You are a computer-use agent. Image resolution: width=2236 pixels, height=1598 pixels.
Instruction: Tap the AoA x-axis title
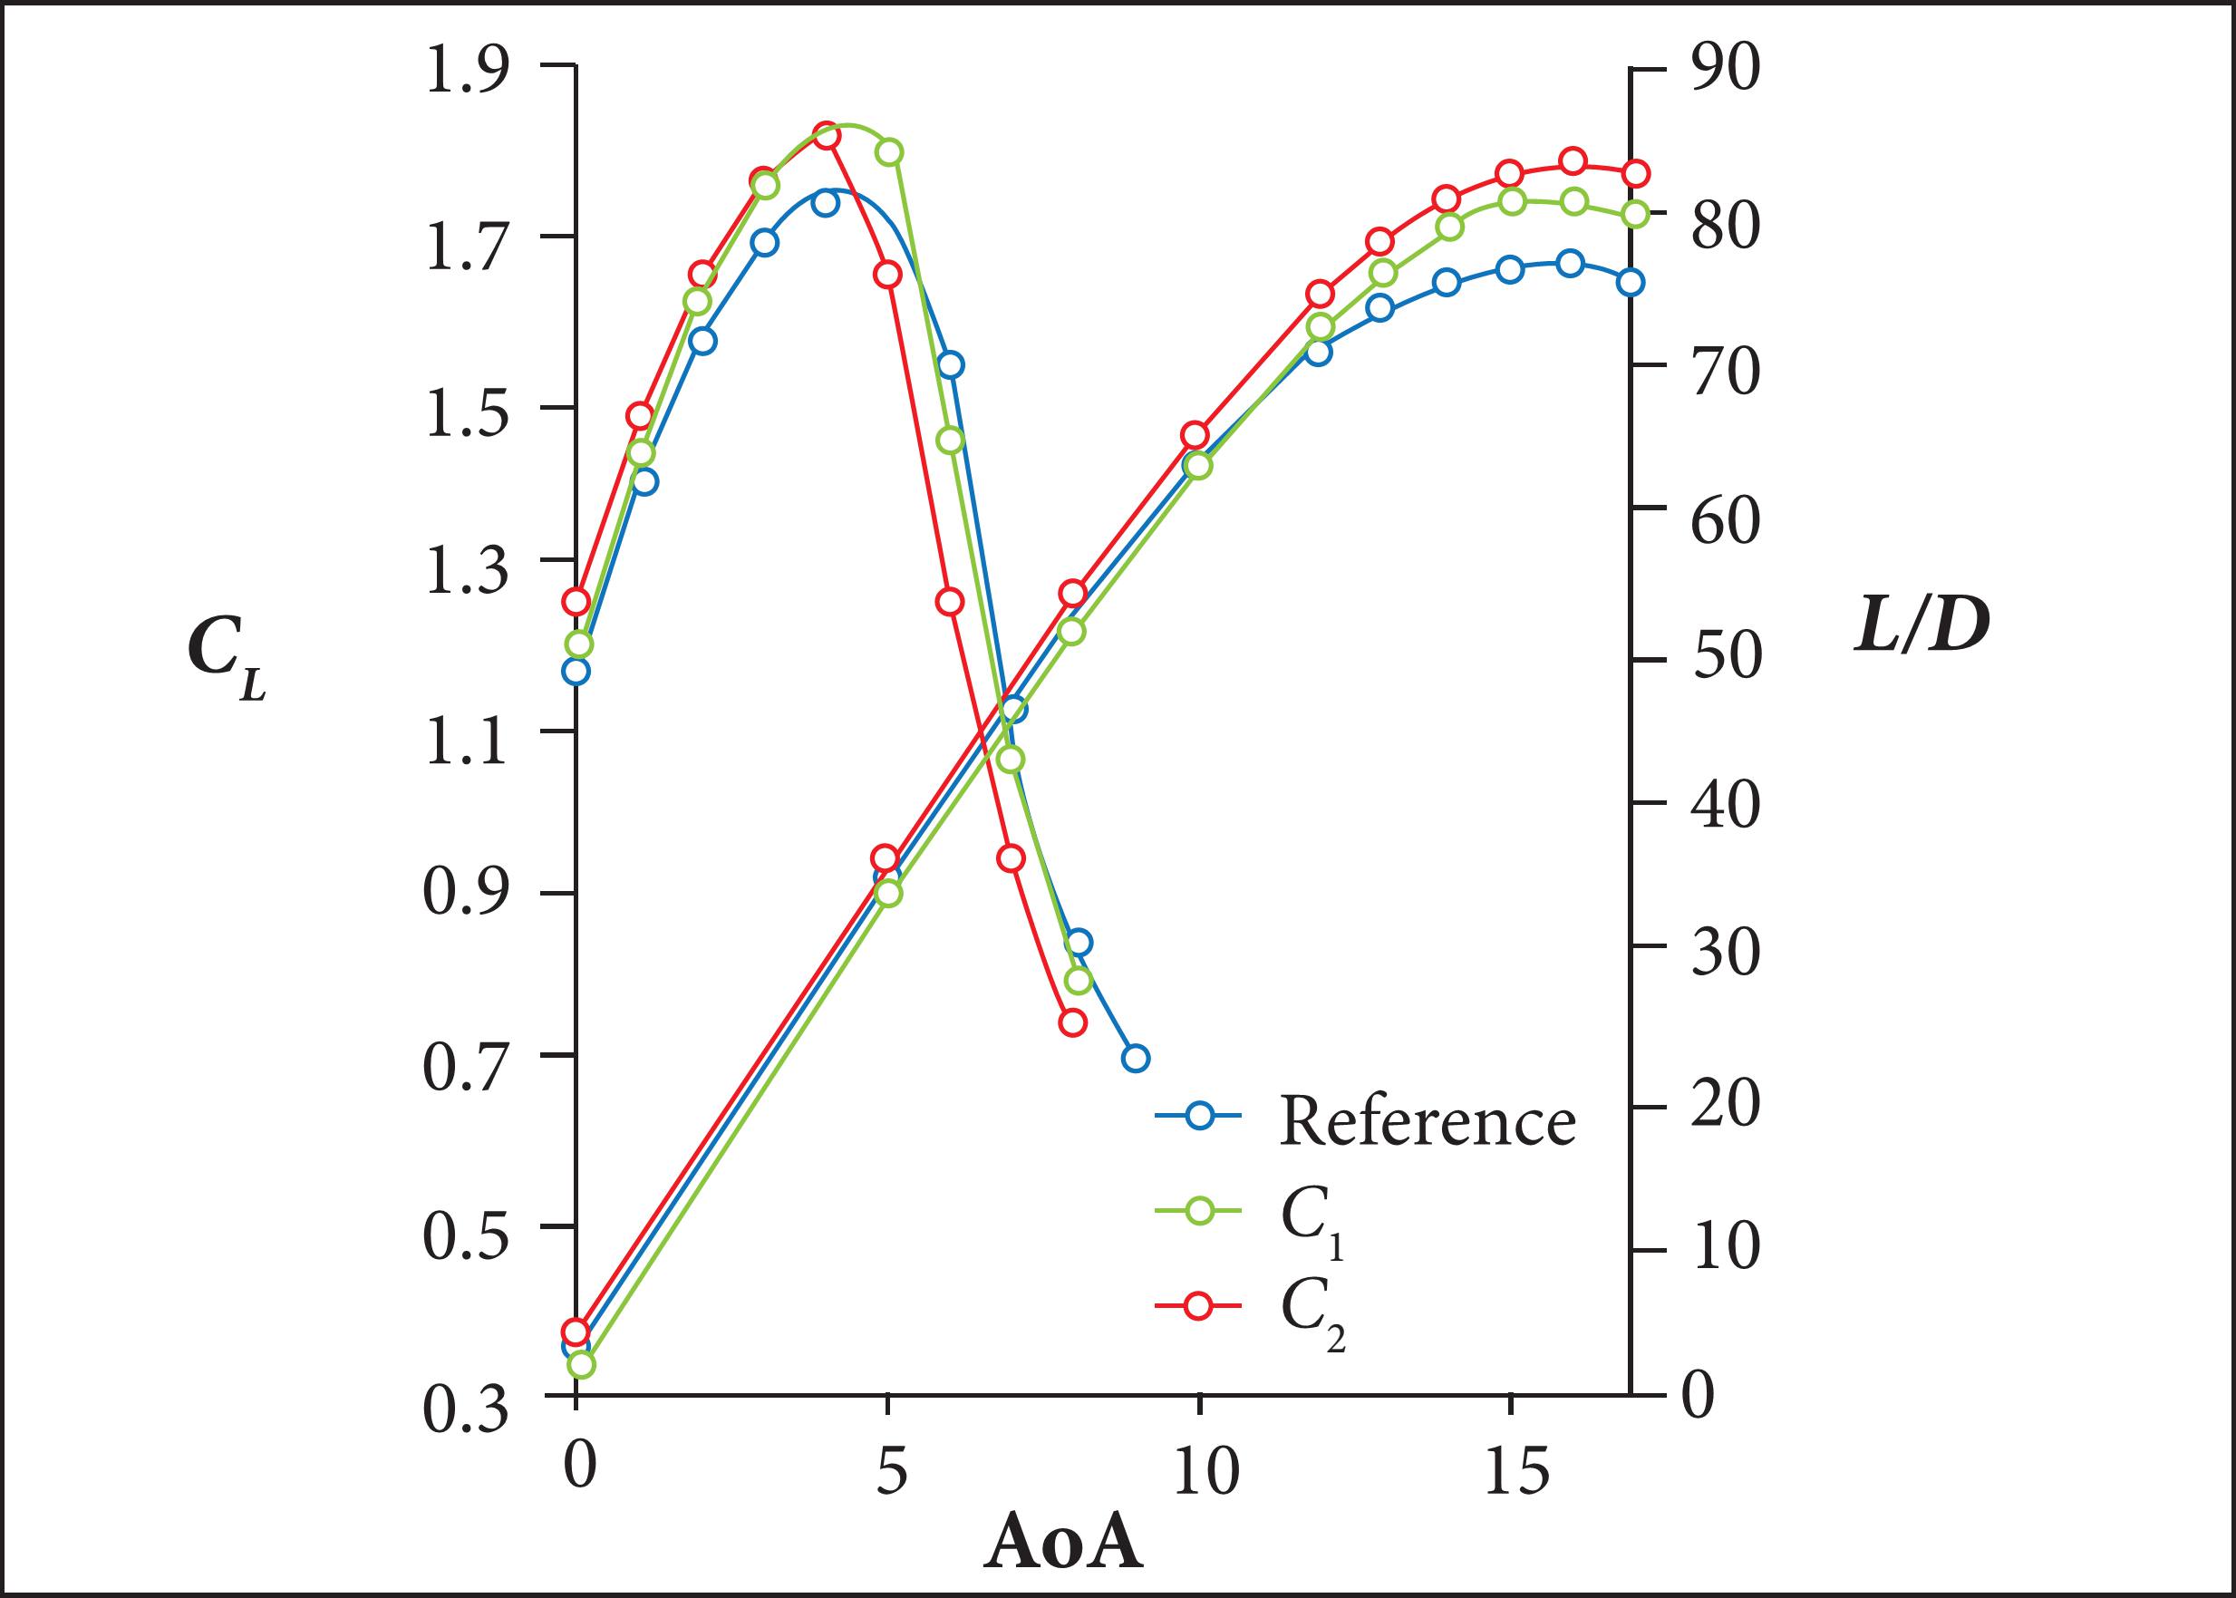[x=1063, y=1544]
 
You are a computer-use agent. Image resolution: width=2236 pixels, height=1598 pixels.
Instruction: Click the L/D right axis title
[x=1921, y=628]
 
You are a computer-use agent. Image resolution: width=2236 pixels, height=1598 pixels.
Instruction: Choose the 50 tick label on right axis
[x=1725, y=657]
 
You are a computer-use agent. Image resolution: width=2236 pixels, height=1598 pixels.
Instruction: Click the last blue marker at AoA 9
[x=1135, y=1059]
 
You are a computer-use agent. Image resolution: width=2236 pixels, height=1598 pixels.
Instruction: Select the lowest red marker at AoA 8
[x=1072, y=1022]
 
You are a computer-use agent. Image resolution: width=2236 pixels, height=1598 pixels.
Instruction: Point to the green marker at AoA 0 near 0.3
[x=580, y=1365]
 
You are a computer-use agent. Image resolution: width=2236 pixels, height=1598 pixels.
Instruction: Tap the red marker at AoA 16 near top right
[x=1573, y=161]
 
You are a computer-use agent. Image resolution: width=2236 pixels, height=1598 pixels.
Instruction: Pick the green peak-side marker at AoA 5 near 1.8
[x=889, y=152]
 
